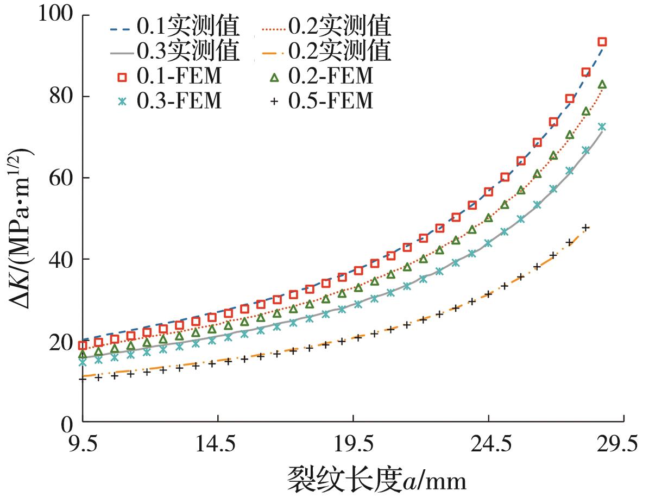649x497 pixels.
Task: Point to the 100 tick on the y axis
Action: pos(56,14)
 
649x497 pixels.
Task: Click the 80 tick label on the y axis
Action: pos(62,96)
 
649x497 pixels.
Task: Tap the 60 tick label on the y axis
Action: pos(62,178)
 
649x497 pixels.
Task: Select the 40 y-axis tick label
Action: pos(62,259)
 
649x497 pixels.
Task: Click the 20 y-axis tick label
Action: pos(62,341)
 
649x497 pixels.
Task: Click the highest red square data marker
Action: pos(602,42)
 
